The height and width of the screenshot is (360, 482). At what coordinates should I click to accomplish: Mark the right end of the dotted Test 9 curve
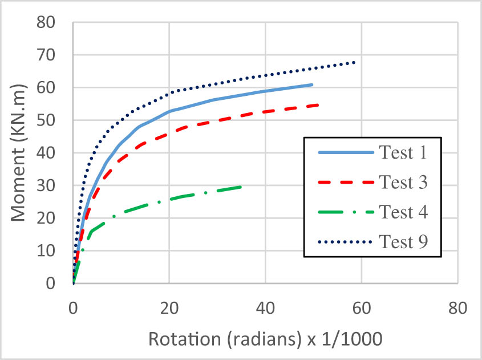(x=355, y=62)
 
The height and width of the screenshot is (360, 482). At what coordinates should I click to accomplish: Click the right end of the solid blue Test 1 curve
(x=313, y=84)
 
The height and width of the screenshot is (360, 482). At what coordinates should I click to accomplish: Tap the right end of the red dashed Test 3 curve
(x=318, y=105)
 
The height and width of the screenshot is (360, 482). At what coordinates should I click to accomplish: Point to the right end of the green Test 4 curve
(x=241, y=187)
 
